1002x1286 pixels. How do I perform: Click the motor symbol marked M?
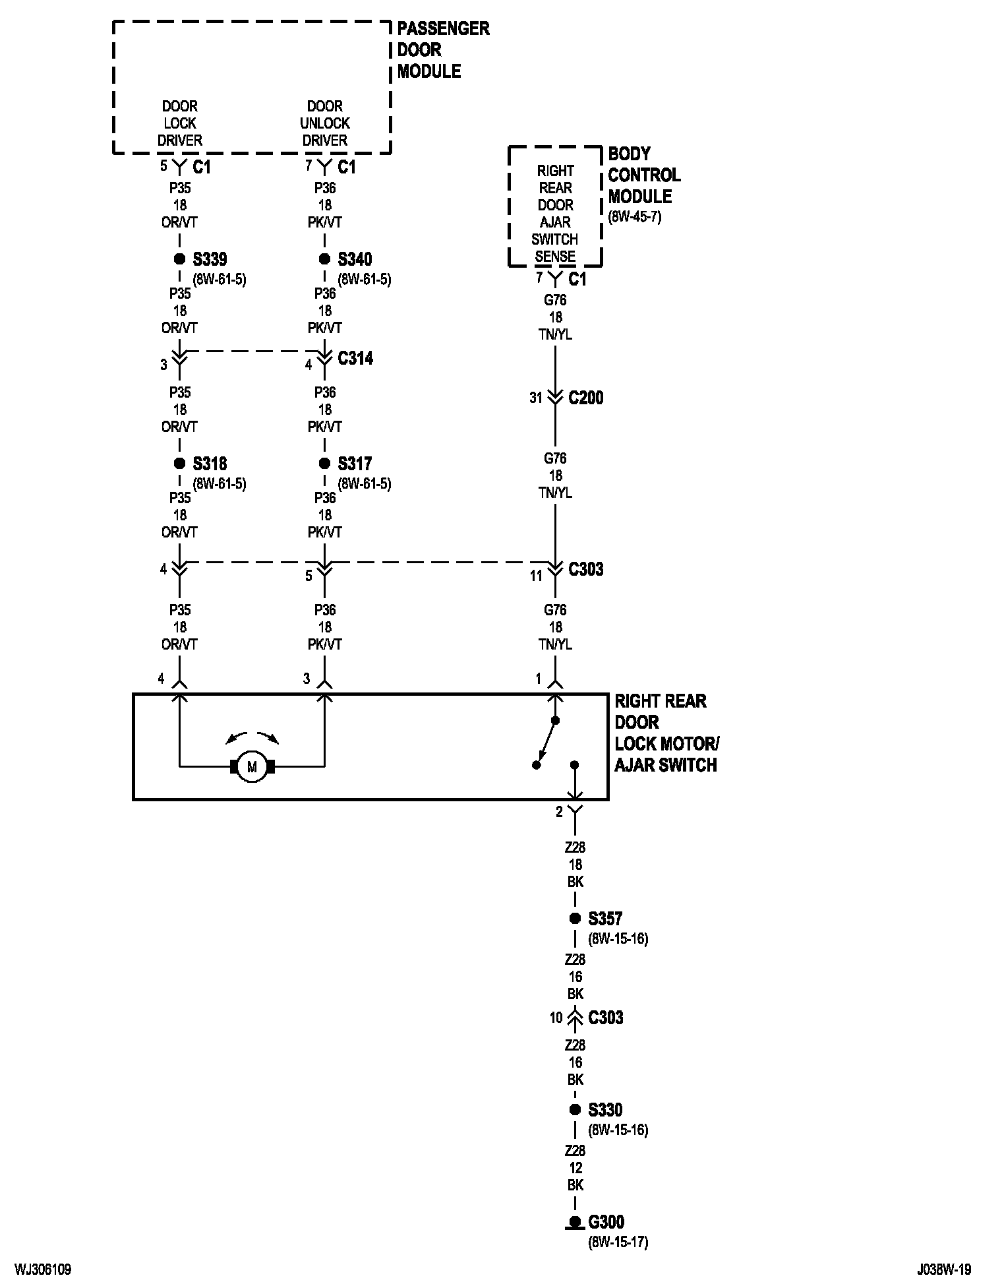click(251, 766)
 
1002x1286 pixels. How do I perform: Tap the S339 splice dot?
click(179, 259)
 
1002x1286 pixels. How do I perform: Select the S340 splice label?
click(355, 259)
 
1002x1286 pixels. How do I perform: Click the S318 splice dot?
click(179, 464)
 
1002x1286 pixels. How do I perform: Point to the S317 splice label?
click(355, 464)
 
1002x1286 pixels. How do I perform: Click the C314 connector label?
click(355, 358)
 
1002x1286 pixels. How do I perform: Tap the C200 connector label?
click(585, 398)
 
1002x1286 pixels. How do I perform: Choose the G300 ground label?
click(606, 1222)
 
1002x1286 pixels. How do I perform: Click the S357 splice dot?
click(575, 918)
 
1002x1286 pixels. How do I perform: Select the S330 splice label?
click(605, 1110)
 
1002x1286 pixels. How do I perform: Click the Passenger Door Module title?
click(442, 50)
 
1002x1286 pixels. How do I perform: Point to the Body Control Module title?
click(643, 175)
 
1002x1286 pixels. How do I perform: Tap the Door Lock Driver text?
click(180, 123)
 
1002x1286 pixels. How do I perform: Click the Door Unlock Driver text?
click(325, 123)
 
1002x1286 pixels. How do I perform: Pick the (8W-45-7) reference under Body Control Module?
click(634, 216)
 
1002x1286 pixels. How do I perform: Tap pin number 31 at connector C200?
click(536, 398)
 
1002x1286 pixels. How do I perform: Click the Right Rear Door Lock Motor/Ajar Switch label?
click(666, 733)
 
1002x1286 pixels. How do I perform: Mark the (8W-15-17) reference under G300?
click(618, 1242)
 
